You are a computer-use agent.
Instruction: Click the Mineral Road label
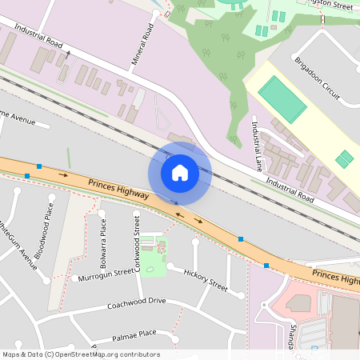141,45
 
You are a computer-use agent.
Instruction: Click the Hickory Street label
206,277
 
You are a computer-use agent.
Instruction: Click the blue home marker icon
179,172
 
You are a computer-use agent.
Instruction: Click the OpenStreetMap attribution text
81,354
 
